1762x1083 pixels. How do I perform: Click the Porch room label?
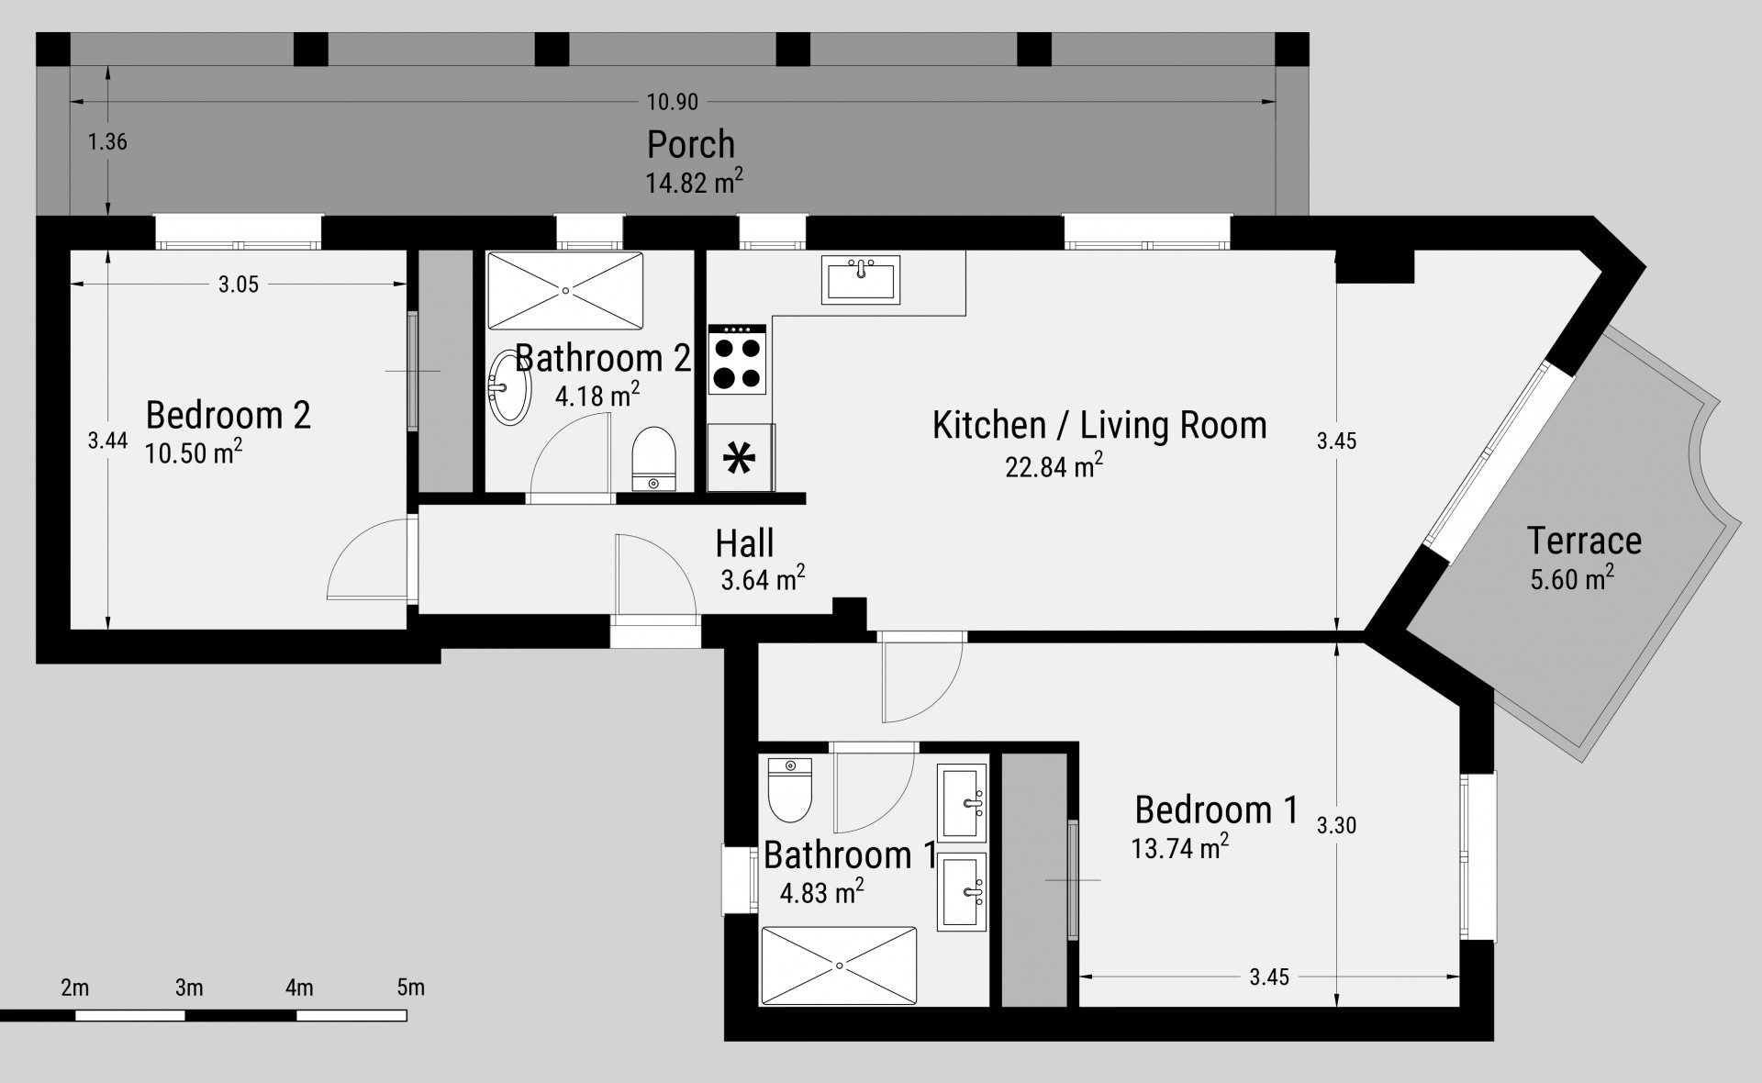point(691,144)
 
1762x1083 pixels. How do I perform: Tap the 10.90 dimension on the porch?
point(673,102)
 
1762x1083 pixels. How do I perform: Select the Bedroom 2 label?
point(229,415)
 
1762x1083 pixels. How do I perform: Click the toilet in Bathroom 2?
point(653,458)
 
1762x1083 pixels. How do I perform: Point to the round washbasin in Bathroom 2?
point(509,387)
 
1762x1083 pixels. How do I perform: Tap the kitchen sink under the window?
point(863,279)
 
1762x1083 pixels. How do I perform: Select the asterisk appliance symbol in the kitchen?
point(737,458)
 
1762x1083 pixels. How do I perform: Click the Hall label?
point(744,543)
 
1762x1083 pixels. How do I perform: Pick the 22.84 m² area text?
point(1054,465)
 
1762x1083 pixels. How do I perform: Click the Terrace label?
point(1584,541)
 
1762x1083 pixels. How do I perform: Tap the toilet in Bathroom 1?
point(789,789)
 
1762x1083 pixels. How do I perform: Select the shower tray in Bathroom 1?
point(839,966)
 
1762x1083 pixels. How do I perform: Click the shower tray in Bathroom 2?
point(565,290)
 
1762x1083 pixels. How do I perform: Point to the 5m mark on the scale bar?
point(410,988)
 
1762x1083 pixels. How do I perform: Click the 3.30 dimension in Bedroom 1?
point(1336,825)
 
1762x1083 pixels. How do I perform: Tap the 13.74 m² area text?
point(1180,846)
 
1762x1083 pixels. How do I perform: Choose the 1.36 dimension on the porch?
point(107,142)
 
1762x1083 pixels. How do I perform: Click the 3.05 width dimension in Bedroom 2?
point(239,285)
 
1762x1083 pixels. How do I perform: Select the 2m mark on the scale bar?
point(75,988)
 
